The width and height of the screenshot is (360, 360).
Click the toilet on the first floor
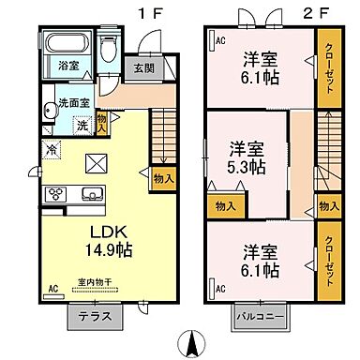(109, 47)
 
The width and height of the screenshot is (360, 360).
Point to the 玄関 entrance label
(142, 67)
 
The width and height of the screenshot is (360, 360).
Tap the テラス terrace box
(96, 316)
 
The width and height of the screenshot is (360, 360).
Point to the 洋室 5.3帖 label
(249, 157)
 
